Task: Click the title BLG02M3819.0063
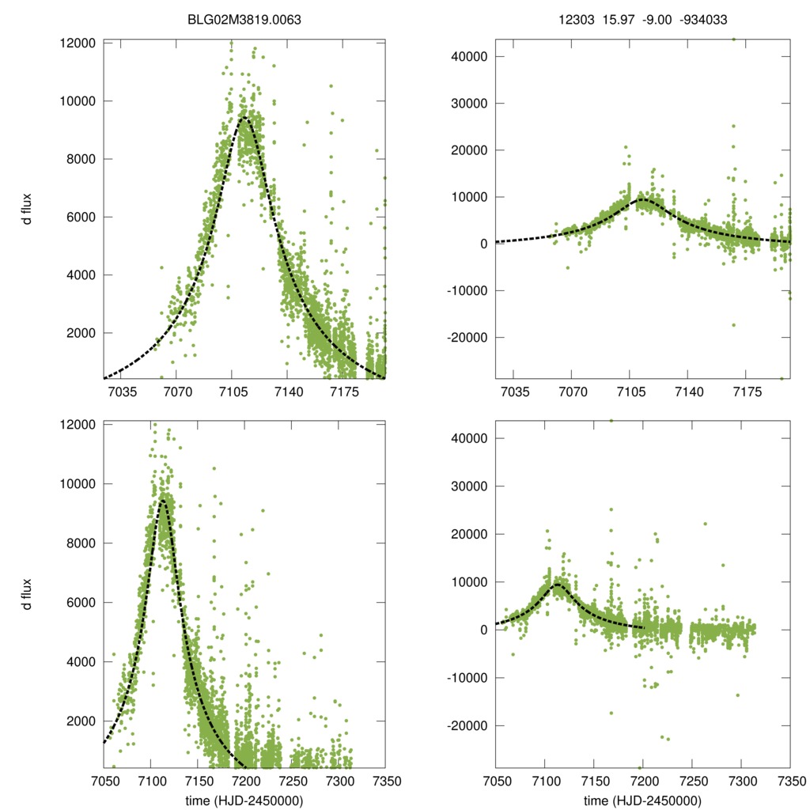[244, 21]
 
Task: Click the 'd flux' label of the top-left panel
[28, 210]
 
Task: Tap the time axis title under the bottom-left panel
[244, 801]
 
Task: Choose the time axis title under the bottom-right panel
[642, 801]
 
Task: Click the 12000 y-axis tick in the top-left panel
[78, 43]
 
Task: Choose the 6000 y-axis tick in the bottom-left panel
[81, 602]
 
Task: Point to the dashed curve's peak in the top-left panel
[246, 116]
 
